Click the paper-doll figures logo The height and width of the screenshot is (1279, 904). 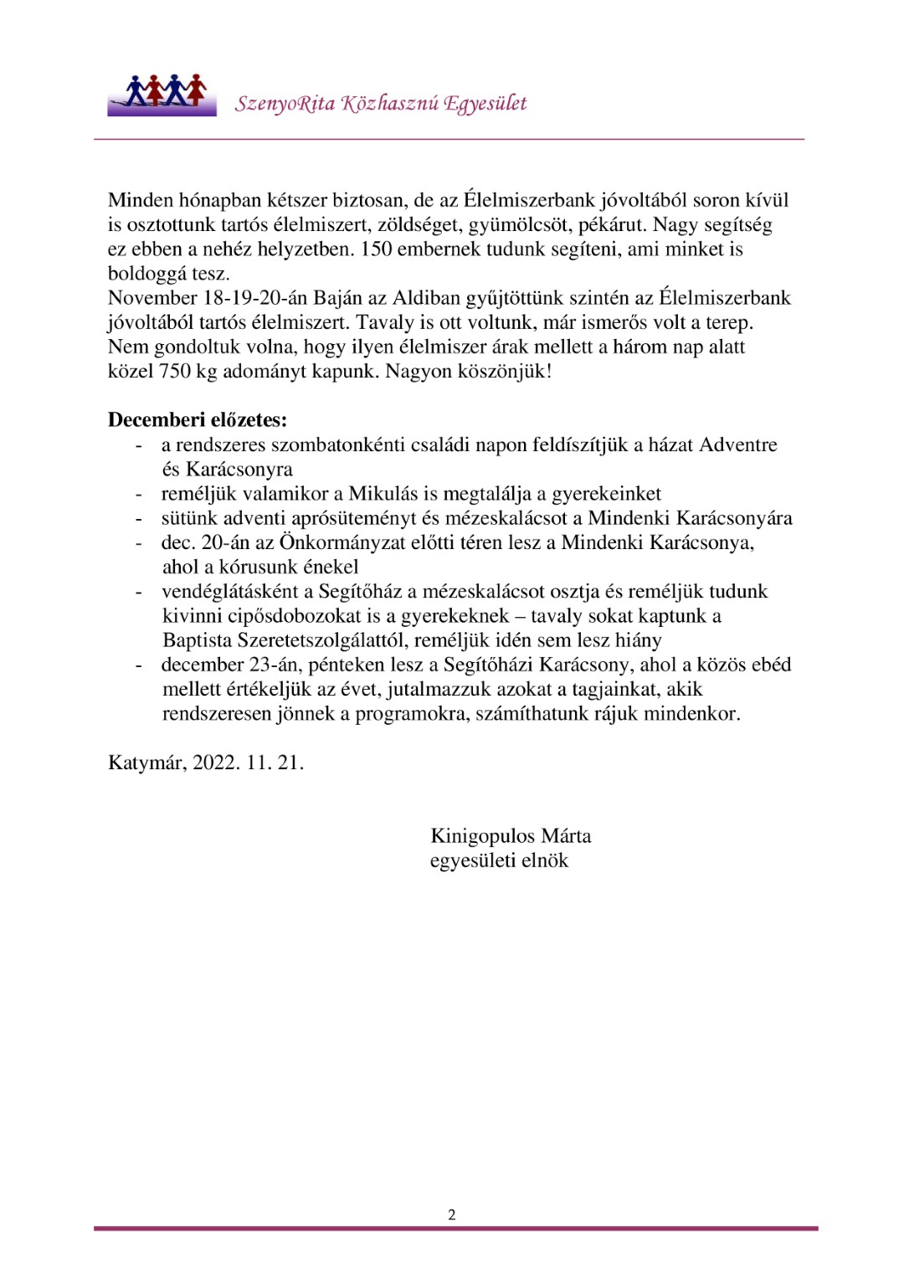(162, 94)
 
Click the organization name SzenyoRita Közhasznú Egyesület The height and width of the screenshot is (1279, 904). (381, 104)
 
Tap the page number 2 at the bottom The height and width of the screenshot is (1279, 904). (452, 1215)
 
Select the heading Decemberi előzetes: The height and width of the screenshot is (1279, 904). (198, 420)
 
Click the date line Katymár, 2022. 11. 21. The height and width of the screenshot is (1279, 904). (206, 763)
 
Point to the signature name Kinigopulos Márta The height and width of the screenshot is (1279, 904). (511, 836)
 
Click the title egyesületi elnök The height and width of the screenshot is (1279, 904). (499, 860)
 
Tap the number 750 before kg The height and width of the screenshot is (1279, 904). (175, 372)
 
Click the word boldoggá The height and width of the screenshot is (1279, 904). (146, 274)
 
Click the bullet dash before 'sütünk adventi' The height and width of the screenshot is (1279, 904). (139, 519)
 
